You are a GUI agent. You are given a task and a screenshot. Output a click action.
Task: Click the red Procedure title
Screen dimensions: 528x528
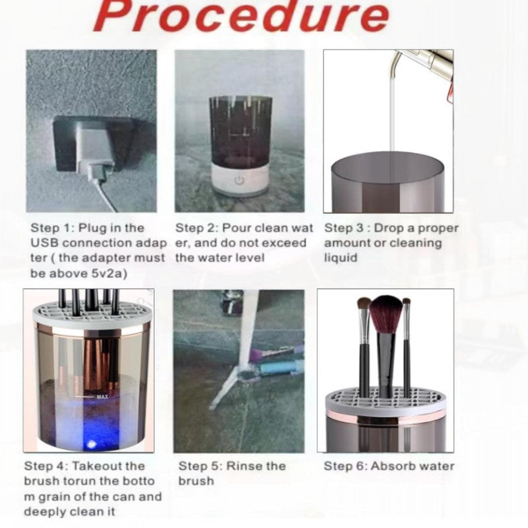[242, 16]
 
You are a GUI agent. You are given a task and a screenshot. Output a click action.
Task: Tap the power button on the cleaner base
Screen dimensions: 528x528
[239, 181]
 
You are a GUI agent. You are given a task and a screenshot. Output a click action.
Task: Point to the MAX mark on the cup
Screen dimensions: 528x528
[102, 397]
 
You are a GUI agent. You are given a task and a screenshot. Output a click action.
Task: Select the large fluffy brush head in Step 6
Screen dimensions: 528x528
[386, 315]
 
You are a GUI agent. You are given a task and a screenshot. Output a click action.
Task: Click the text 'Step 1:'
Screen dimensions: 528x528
[53, 228]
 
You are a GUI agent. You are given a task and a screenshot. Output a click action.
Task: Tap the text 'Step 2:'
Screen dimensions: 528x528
[197, 228]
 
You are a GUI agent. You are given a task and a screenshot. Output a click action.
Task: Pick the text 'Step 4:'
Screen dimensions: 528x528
[46, 466]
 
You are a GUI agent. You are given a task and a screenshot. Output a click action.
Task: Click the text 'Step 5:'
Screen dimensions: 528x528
[201, 466]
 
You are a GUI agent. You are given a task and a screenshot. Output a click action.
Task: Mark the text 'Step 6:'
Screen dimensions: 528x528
[345, 466]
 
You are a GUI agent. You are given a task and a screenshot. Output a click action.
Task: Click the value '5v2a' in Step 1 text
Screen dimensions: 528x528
[110, 273]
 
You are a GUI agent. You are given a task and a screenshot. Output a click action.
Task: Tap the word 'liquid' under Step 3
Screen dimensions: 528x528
[341, 258]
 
